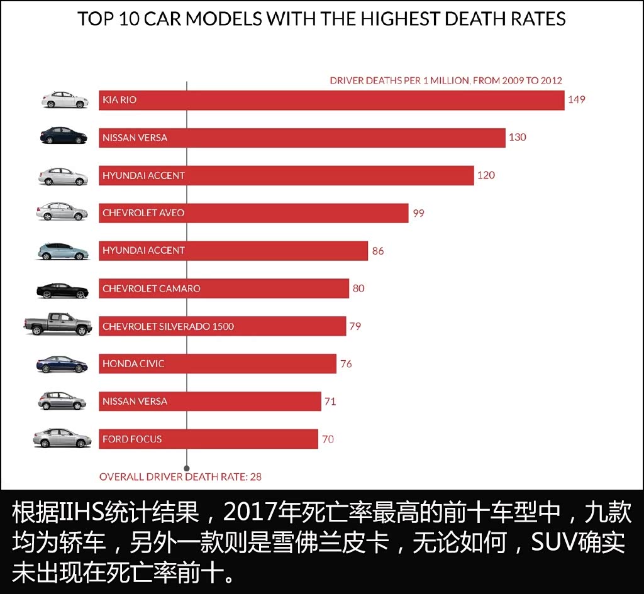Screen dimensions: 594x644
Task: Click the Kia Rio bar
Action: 331,100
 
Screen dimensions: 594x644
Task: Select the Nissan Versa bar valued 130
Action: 302,138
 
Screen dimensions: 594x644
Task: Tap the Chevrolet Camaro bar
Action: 224,289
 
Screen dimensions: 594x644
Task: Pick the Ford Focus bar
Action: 208,439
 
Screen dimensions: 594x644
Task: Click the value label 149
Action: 576,99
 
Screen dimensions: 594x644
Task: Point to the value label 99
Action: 418,213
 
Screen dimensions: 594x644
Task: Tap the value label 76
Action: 346,364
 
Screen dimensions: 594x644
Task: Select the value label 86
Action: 377,251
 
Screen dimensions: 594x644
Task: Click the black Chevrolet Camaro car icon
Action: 63,290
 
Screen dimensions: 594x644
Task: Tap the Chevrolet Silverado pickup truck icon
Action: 58,324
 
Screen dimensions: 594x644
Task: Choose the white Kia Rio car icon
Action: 65,100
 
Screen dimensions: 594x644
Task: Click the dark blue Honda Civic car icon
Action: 62,364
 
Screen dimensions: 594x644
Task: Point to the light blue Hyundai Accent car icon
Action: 63,251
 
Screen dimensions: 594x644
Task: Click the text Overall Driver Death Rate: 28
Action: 180,476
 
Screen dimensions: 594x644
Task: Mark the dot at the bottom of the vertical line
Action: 187,468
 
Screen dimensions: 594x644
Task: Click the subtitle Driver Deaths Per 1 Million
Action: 446,80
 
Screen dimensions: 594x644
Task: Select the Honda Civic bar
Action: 218,364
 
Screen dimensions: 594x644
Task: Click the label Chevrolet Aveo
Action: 143,213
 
